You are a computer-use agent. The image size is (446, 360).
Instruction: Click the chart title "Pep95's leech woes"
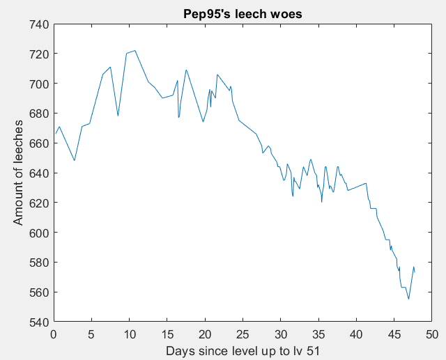click(243, 13)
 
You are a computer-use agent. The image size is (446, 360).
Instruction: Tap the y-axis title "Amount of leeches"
click(19, 173)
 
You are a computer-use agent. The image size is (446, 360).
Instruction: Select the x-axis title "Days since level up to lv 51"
click(243, 351)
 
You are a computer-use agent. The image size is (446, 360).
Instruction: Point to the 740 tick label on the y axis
click(38, 24)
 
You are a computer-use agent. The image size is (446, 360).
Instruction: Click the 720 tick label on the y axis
click(38, 54)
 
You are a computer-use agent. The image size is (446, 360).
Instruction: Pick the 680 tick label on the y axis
click(38, 114)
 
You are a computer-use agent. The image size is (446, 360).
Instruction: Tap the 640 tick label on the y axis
click(38, 173)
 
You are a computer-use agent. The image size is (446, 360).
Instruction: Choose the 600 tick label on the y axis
click(38, 233)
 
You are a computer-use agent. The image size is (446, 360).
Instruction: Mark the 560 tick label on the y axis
click(38, 292)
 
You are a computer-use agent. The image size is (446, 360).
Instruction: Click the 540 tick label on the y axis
click(38, 322)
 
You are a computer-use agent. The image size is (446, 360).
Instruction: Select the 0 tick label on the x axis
click(54, 334)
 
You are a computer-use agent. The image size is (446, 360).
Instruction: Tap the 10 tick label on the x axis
click(130, 334)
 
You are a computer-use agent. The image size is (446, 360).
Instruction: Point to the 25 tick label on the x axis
click(243, 334)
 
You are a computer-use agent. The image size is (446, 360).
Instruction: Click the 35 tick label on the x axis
click(318, 334)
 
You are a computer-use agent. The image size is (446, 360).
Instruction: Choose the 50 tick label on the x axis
click(432, 334)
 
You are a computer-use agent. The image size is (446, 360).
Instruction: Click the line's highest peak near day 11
click(134, 50)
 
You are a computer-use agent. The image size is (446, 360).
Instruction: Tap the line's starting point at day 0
click(54, 134)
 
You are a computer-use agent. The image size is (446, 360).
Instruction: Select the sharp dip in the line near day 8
click(118, 116)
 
